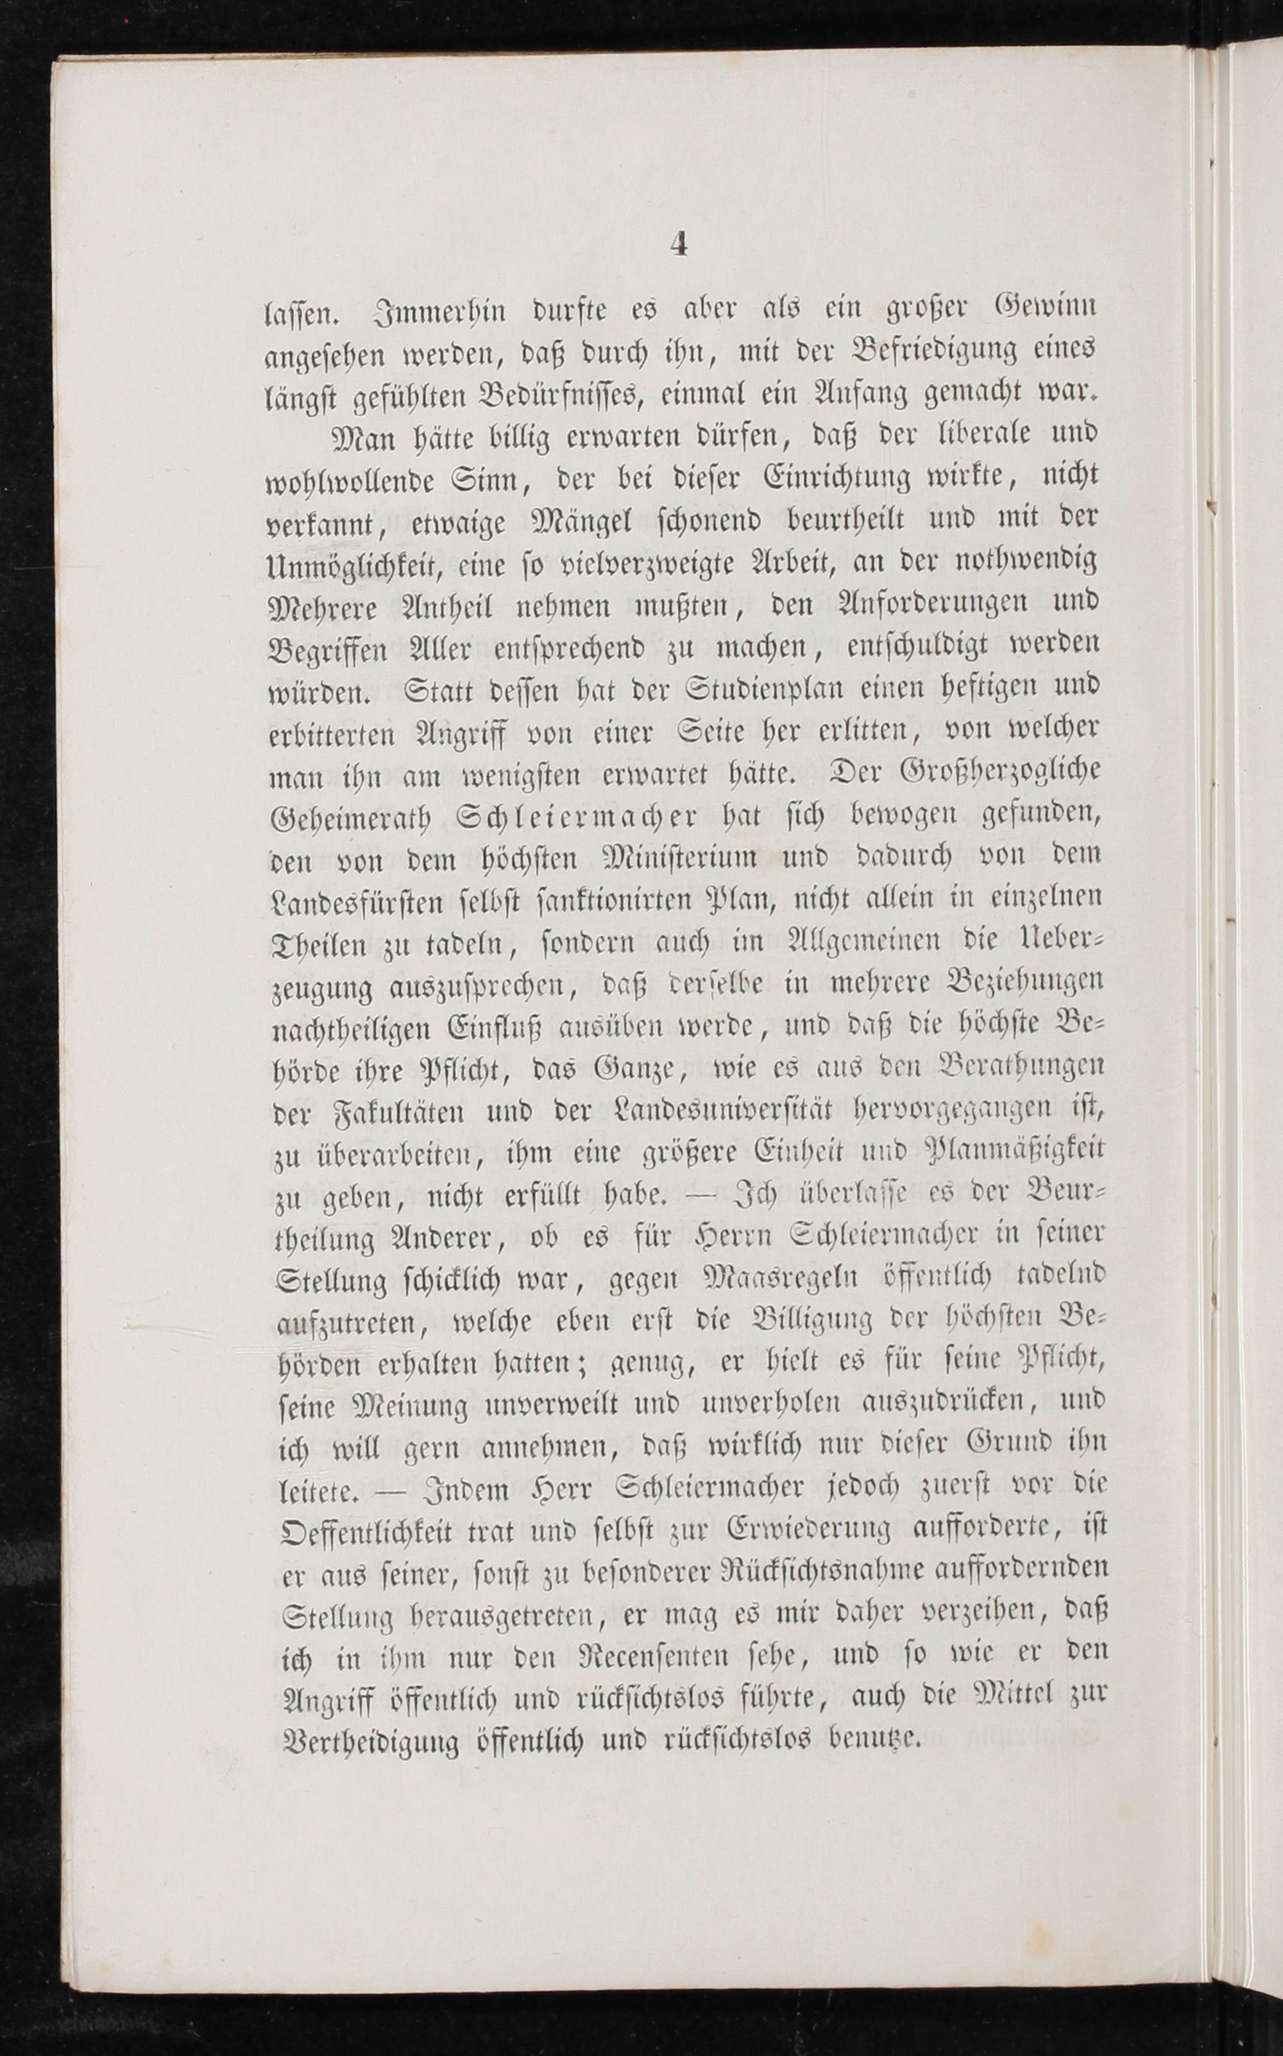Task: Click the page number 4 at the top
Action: (x=677, y=244)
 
